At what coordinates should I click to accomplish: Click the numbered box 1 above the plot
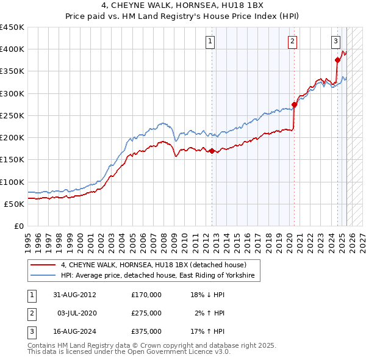[x=210, y=41]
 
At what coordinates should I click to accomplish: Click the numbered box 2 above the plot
[x=293, y=41]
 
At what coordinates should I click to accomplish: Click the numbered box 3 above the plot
[x=336, y=41]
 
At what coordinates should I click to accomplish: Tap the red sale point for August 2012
[x=212, y=151]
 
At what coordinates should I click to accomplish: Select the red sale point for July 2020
[x=294, y=104]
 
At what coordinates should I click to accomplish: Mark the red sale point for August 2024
[x=337, y=60]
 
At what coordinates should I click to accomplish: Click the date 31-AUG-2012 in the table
[x=74, y=295]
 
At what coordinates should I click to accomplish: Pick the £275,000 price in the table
[x=146, y=313]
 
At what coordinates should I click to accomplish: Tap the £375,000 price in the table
[x=146, y=332]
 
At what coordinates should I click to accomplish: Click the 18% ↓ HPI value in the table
[x=207, y=295]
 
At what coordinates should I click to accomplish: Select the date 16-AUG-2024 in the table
[x=74, y=332]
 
